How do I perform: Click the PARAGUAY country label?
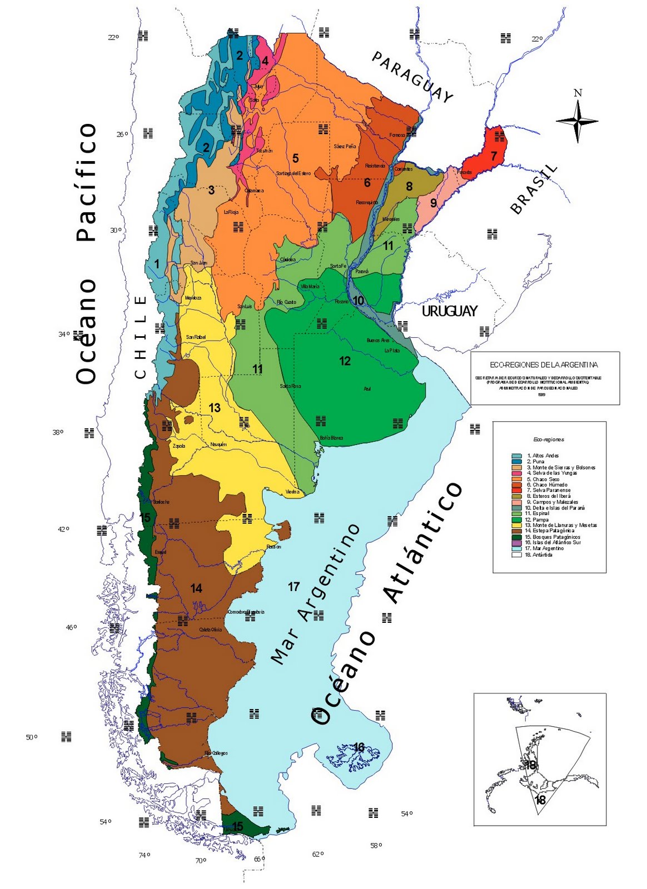point(412,77)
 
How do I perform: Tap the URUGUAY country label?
point(449,311)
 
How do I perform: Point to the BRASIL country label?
point(534,189)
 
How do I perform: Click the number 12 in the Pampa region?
point(345,361)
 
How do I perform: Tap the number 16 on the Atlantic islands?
point(359,747)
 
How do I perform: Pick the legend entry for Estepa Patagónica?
point(554,531)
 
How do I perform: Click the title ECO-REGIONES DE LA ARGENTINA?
point(544,365)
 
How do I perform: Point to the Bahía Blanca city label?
point(331,438)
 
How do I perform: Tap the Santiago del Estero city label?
point(293,173)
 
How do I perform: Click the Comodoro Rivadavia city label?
point(246,612)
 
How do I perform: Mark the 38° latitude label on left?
point(58,432)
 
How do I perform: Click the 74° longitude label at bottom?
point(144,855)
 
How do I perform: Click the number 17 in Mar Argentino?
point(293,586)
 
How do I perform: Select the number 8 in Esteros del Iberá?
point(409,186)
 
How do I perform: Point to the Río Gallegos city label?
point(216,753)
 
